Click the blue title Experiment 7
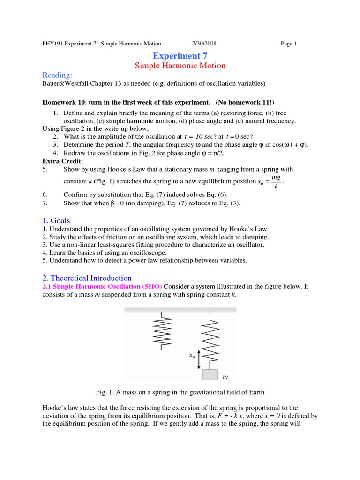click(180, 56)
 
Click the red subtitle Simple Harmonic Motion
click(180, 66)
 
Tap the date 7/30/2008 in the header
click(204, 44)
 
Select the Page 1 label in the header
click(289, 44)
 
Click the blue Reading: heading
click(57, 75)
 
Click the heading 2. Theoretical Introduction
click(87, 278)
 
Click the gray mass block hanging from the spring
click(210, 375)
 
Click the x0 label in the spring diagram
click(192, 356)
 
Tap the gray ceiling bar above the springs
click(180, 310)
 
